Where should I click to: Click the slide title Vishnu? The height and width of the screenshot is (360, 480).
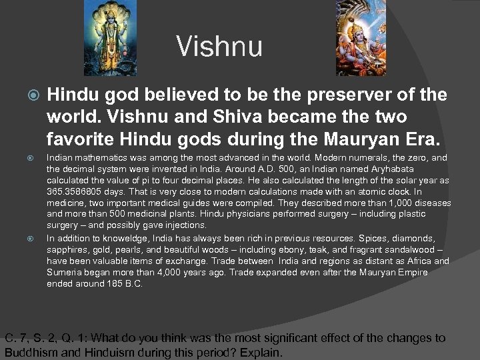coord(219,47)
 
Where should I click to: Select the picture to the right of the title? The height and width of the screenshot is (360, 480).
coord(369,36)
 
